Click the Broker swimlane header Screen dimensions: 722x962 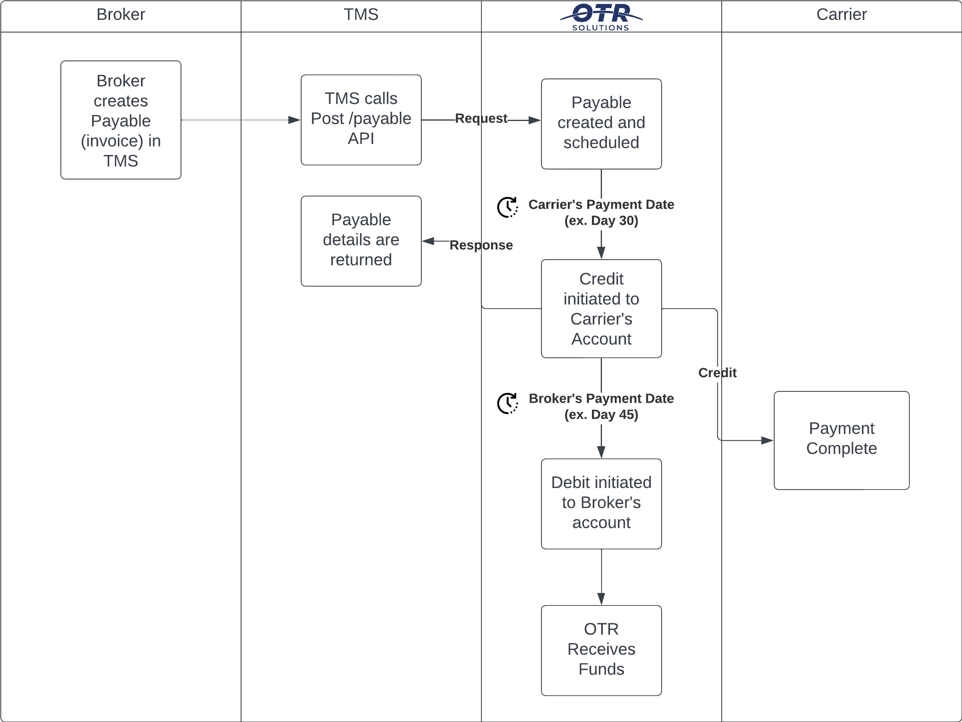[x=121, y=15]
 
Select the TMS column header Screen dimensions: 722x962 [x=361, y=15]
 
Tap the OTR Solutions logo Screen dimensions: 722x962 [x=601, y=16]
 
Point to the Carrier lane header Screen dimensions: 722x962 [x=841, y=15]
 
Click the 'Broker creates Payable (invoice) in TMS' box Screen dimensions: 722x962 [x=121, y=120]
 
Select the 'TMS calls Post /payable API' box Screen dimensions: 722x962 [x=361, y=120]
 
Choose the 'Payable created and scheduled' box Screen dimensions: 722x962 [x=601, y=123]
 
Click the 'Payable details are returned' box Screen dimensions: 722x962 [x=361, y=241]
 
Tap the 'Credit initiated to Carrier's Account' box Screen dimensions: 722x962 [x=601, y=309]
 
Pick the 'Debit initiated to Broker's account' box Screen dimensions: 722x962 [x=601, y=504]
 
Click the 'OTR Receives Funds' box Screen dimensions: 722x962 [x=601, y=650]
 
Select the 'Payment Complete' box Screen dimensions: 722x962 [x=841, y=440]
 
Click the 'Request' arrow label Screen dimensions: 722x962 [x=481, y=118]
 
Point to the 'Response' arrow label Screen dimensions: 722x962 [x=481, y=245]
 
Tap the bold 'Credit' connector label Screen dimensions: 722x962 [x=717, y=373]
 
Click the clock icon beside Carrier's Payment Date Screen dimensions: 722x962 [x=507, y=207]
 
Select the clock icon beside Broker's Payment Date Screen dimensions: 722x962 [x=507, y=403]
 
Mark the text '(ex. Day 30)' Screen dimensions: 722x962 [x=601, y=221]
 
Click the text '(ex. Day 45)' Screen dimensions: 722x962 [x=601, y=414]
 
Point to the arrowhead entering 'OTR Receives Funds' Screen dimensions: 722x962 [x=601, y=599]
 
